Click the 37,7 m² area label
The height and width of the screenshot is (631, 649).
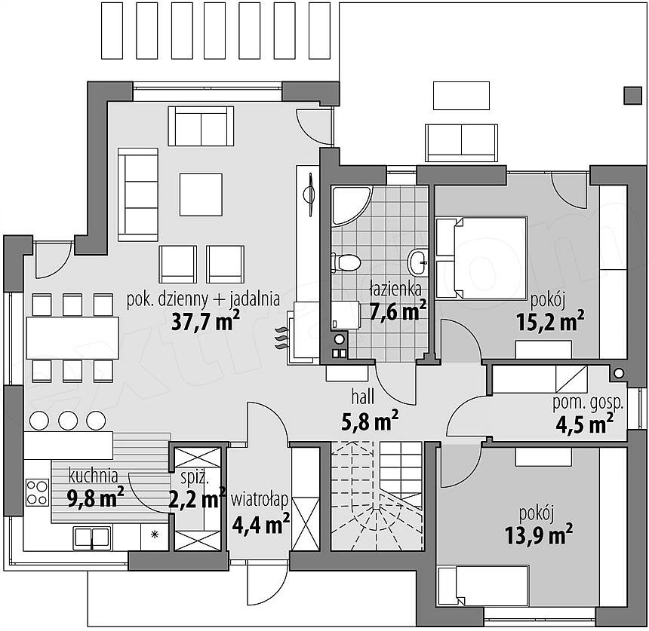205,321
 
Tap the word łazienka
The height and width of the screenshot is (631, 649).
395,289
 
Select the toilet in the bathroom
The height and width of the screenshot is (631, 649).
346,262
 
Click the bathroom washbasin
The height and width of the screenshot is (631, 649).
419,262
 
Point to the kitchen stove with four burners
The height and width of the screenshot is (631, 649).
37,492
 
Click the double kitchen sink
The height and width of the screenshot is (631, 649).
92,538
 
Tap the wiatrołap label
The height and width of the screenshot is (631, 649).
259,501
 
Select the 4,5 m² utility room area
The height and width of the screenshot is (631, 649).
584,424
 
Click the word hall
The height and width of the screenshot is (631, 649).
363,397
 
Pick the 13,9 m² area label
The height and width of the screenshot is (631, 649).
539,535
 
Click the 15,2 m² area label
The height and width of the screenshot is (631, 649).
550,321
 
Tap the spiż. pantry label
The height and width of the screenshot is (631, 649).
195,479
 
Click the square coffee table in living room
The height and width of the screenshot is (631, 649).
201,195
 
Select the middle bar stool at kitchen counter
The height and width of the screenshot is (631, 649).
68,421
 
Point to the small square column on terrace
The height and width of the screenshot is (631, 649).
633,96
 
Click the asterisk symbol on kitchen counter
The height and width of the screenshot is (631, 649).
155,535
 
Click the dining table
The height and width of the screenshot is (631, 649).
72,338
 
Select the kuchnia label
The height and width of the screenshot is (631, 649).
93,476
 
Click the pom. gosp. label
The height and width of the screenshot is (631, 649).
588,404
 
